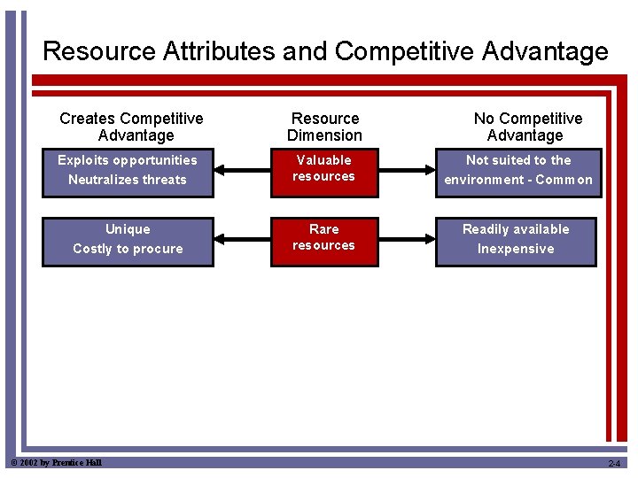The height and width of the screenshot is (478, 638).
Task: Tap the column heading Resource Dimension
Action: (324, 127)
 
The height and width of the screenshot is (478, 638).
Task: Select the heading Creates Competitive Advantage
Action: (132, 127)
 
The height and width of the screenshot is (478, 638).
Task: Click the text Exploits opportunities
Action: (128, 160)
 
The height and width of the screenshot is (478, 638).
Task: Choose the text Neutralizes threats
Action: (128, 180)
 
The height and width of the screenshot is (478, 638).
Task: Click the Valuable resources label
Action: (323, 168)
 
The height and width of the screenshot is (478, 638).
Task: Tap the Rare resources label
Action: (323, 237)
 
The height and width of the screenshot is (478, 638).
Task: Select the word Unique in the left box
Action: (128, 229)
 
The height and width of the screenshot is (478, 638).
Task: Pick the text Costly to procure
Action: (128, 249)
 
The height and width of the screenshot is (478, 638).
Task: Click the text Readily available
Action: (516, 229)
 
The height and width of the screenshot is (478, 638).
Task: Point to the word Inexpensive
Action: (516, 249)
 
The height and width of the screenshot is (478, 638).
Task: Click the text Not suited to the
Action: (518, 160)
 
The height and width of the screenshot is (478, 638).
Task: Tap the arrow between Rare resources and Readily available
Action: (408, 238)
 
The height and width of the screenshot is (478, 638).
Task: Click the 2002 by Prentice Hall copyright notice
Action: (55, 463)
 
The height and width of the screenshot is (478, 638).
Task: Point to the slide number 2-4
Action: (614, 464)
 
